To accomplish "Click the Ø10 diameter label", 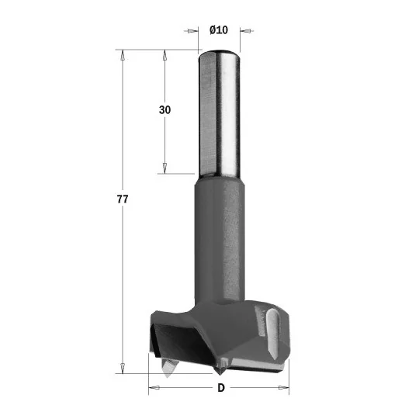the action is [x=219, y=29].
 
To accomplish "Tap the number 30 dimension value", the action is [x=164, y=110].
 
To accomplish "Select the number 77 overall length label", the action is [x=123, y=199].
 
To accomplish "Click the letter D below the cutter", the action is [x=221, y=388].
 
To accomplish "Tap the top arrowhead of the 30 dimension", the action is [x=164, y=55].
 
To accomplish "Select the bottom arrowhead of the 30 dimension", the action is [x=164, y=168].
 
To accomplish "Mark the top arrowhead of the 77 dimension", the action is [x=123, y=55].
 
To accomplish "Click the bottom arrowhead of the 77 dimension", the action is [x=123, y=369].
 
